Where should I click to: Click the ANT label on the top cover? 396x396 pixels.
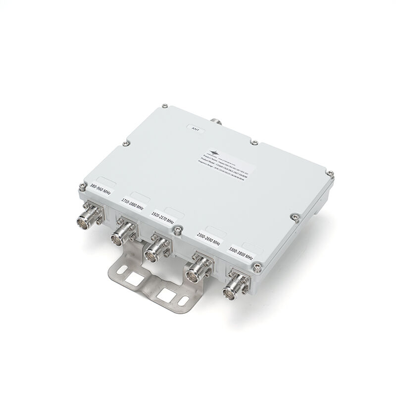195,128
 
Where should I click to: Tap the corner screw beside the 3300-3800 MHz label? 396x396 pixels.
257,267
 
